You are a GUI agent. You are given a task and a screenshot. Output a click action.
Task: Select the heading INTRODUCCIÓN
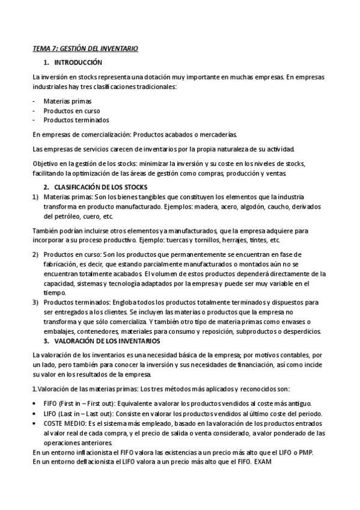[78, 63]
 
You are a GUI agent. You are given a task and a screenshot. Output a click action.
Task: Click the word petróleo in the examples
[55, 216]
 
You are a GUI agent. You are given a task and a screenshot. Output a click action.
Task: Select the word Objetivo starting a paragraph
[46, 164]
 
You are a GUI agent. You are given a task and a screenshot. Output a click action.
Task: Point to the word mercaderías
[221, 135]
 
